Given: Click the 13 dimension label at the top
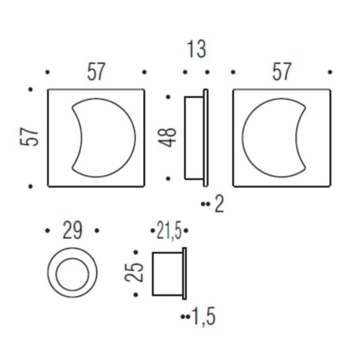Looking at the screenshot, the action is point(197,49).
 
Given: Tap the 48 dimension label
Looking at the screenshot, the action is point(168,138).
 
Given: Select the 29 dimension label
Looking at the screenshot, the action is point(72,230).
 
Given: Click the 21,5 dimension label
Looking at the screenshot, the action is point(169,230).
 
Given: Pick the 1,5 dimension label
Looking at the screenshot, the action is point(204,317).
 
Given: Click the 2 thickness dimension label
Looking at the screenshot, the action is point(219,204).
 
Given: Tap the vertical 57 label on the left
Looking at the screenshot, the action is point(29,137).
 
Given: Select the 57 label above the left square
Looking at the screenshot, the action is point(96,72).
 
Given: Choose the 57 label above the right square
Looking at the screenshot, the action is point(282,72).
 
